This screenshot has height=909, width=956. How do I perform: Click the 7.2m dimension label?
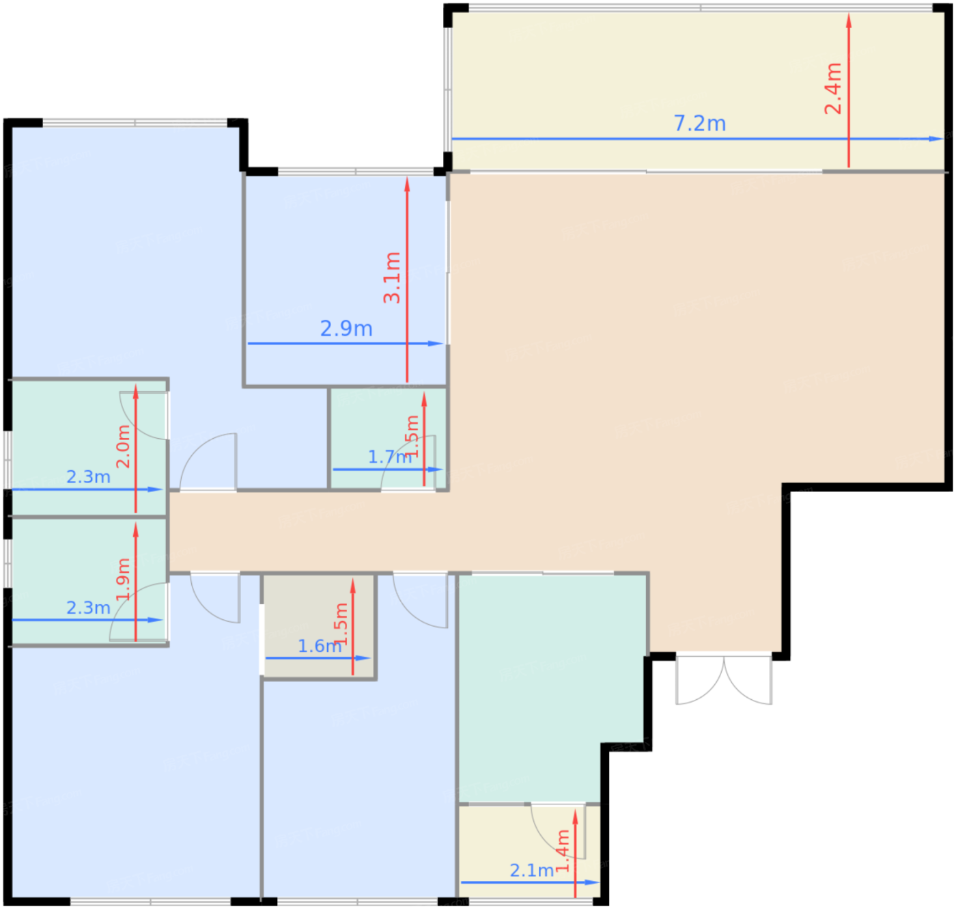699,123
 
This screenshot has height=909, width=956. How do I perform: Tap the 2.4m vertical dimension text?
833,89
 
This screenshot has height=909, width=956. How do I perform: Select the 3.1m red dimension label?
392,277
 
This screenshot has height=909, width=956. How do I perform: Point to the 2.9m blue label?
346,329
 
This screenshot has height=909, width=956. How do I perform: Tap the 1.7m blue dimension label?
390,457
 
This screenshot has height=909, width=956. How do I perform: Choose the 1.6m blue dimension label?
320,646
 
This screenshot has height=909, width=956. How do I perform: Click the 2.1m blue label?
532,870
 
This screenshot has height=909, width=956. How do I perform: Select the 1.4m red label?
562,851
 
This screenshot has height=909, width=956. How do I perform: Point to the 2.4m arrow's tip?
849,14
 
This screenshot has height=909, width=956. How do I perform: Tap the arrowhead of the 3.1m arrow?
407,178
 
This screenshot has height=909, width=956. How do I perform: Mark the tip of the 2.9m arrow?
442,344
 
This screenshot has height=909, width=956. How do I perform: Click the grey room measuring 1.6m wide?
319,626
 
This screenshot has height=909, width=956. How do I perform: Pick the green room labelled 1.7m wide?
388,438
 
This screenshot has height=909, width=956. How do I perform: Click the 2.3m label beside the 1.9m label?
89,608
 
